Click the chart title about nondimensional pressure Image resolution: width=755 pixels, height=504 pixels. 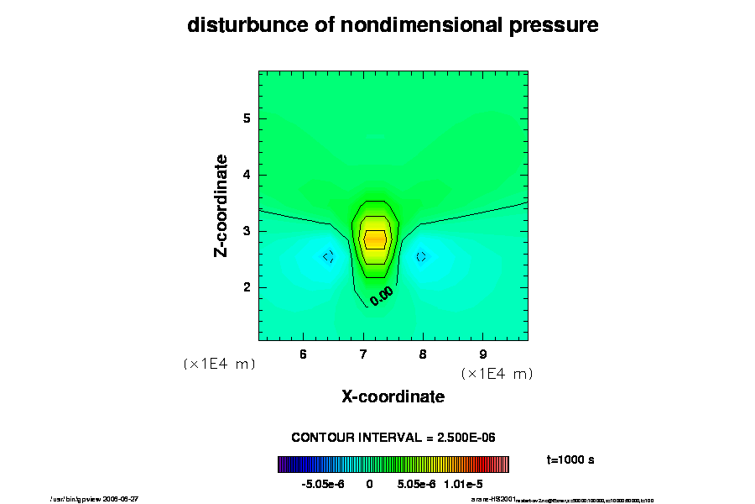pos(393,25)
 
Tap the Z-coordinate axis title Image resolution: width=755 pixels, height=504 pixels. pos(222,206)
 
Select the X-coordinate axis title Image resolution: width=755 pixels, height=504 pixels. pos(393,396)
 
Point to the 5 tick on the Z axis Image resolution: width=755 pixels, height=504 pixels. pos(247,118)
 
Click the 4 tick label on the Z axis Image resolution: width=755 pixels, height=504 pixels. pos(247,175)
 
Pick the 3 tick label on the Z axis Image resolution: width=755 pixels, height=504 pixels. pos(247,231)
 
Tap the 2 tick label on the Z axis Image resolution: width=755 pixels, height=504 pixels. pos(247,287)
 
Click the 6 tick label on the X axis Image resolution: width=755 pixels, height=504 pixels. pos(303,354)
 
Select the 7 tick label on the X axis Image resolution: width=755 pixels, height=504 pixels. pos(363,354)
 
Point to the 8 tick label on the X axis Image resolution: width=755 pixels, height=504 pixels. pos(423,354)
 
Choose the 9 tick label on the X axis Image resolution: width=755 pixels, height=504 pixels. pos(483,354)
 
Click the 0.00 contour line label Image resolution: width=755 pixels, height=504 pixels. pos(382,295)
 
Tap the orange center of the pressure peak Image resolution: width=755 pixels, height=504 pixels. pos(374,239)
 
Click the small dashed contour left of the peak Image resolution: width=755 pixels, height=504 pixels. pos(329,256)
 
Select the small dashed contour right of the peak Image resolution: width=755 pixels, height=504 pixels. pos(421,256)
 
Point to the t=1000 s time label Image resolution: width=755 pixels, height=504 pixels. pos(570,460)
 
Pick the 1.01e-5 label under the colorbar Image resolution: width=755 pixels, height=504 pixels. pos(463,484)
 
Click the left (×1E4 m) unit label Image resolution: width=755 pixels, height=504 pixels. pos(219,364)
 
